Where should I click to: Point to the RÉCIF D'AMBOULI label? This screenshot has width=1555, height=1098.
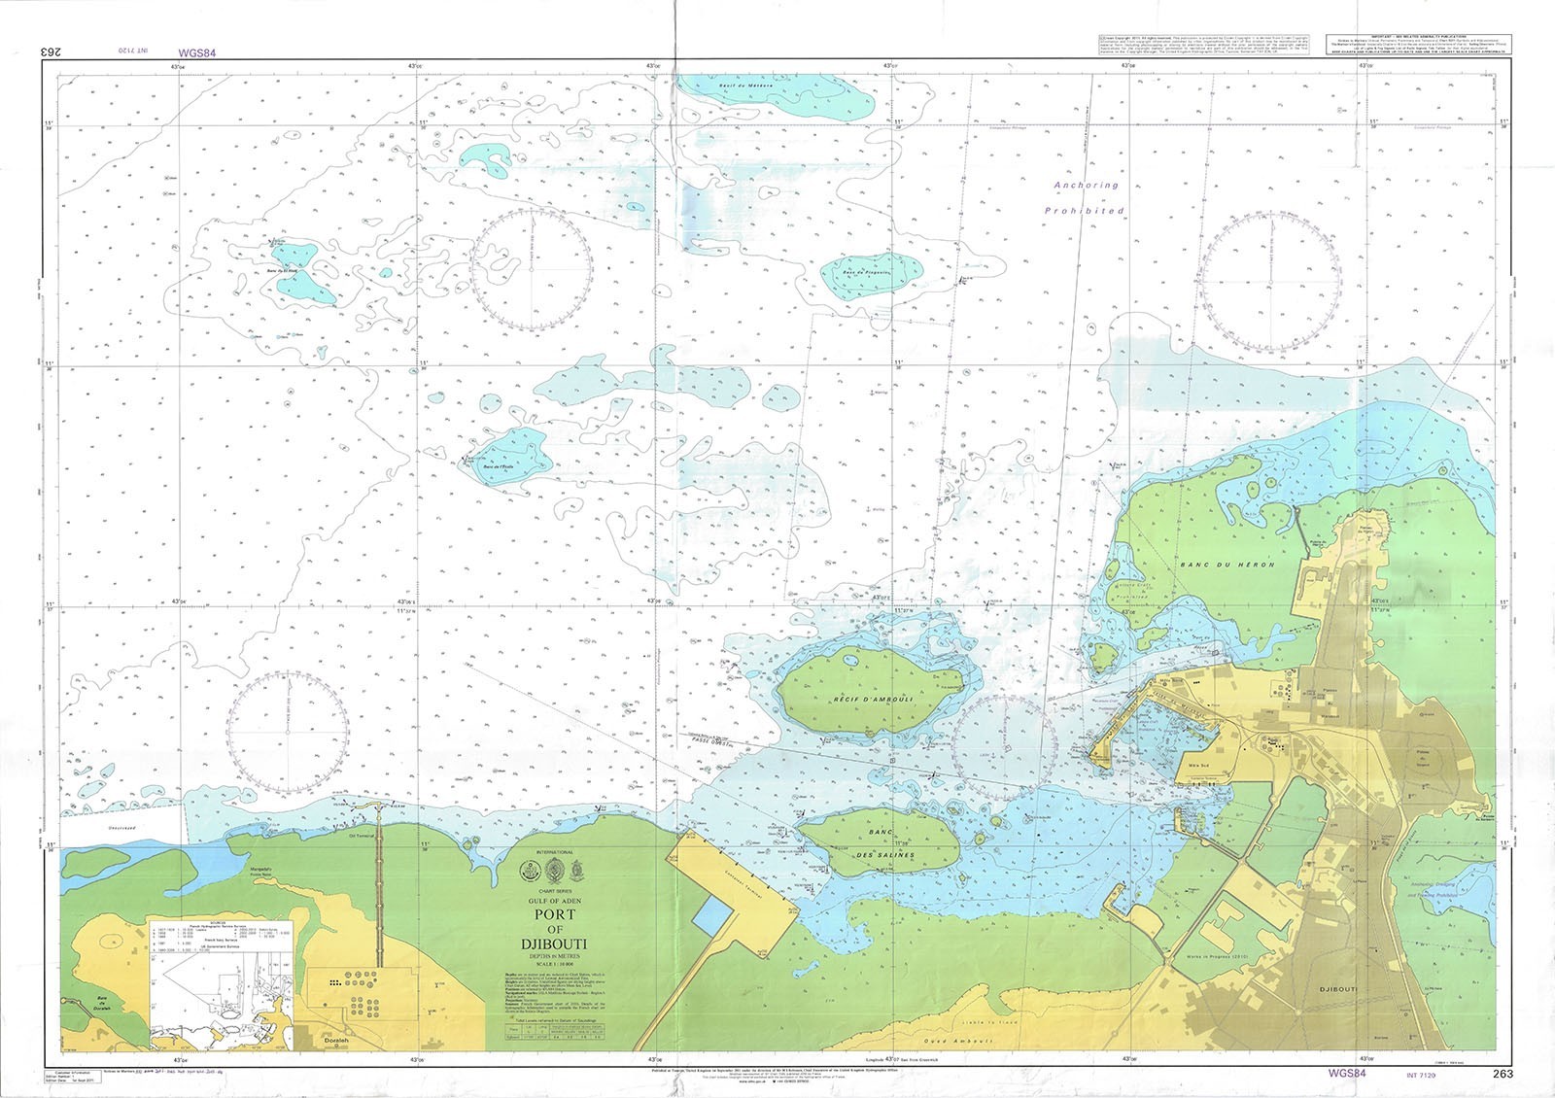point(871,699)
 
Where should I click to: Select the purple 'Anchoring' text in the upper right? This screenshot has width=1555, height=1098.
point(1087,185)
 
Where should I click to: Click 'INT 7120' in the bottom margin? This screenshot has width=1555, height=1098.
point(1423,1075)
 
